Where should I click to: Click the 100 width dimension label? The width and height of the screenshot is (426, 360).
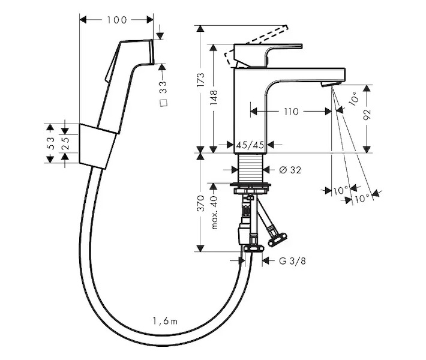point(116,20)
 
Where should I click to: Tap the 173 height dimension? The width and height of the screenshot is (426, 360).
point(201,79)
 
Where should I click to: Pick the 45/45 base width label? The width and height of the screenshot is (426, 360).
point(250,145)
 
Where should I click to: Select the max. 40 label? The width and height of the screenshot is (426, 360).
point(214,212)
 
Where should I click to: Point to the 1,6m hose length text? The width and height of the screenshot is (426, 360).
point(166,322)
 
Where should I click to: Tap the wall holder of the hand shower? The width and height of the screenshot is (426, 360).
point(95,145)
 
